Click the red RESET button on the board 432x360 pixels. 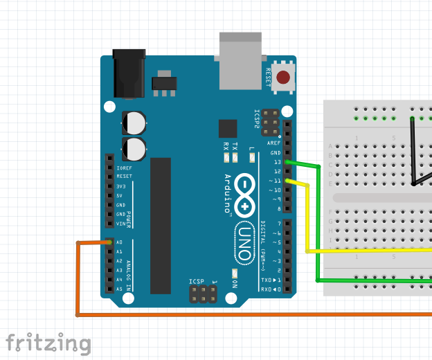(283, 78)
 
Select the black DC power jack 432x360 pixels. (129, 72)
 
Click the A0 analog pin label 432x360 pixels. (120, 242)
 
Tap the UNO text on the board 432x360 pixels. (245, 243)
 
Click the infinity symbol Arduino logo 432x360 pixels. (245, 195)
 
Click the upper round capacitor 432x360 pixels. (135, 123)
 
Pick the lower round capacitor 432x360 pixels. (135, 148)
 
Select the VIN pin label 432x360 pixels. (120, 224)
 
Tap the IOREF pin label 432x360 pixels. (125, 168)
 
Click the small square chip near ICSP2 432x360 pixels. (227, 129)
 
